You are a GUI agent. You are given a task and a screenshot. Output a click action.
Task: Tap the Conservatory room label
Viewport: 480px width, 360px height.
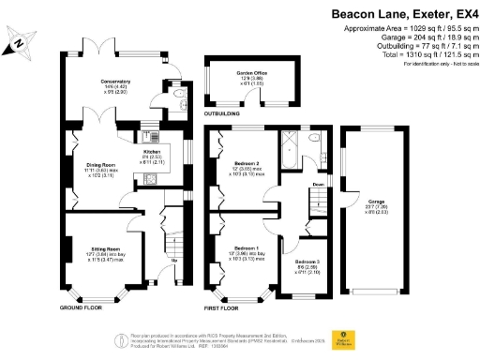[x=115, y=81]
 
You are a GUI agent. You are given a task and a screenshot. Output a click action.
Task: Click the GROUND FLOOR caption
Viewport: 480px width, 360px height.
[x=85, y=307]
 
